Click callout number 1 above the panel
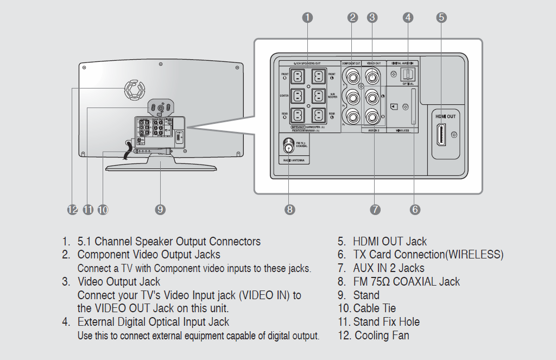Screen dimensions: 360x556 tap(307, 17)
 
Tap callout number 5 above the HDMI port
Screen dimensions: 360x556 tap(441, 17)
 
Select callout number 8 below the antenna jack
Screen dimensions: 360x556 tap(289, 209)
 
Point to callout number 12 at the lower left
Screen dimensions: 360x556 tap(73, 210)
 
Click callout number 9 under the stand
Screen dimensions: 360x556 tap(160, 210)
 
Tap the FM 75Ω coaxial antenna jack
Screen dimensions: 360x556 tap(288, 145)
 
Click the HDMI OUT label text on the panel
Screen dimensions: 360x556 tap(445, 116)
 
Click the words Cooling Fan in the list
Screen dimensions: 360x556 tap(382, 335)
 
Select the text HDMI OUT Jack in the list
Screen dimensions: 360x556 tap(389, 242)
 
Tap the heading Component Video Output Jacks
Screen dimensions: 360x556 tap(149, 255)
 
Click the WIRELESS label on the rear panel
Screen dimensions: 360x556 tap(402, 131)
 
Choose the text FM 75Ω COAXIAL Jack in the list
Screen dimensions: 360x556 tap(406, 282)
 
